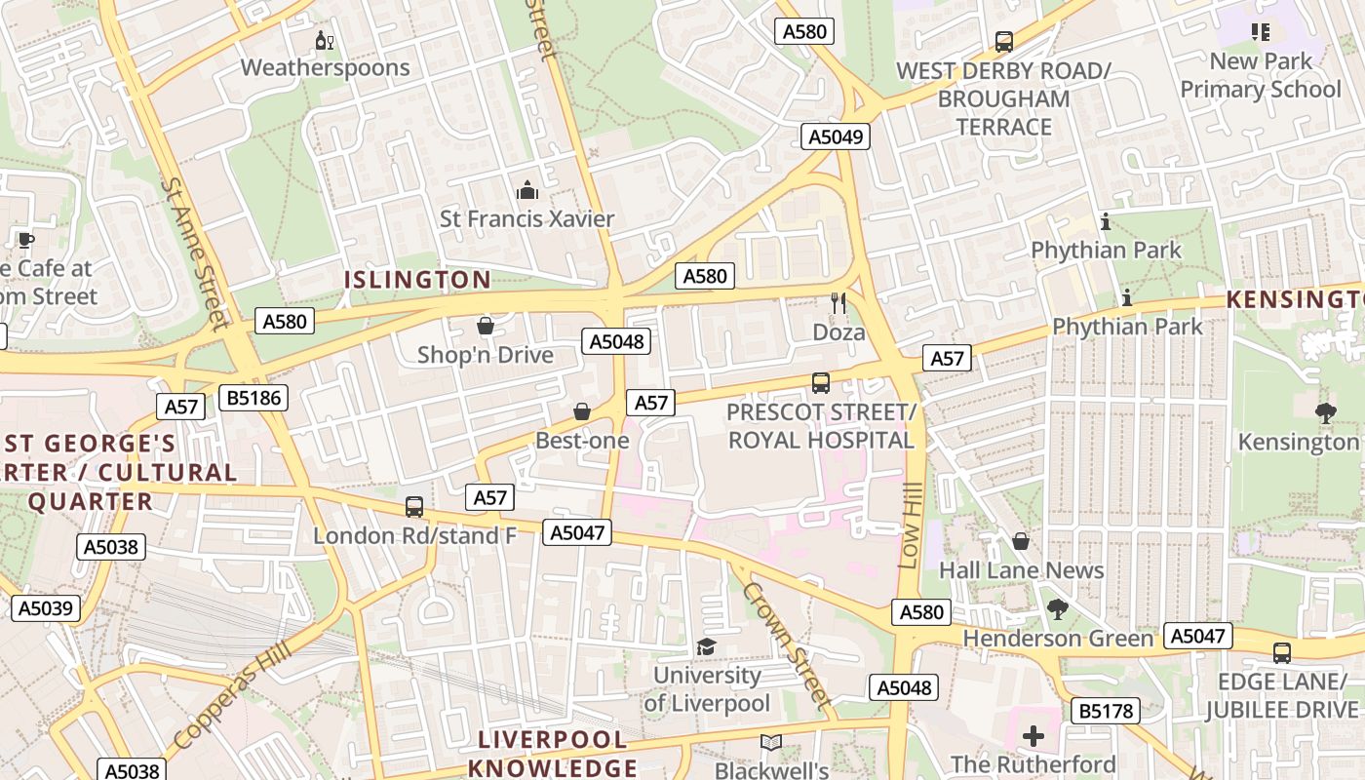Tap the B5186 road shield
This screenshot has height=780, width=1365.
253,397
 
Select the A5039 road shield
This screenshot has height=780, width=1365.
45,608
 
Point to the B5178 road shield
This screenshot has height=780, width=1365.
1106,711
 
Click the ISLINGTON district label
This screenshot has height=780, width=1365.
417,280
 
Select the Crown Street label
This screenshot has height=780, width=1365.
786,644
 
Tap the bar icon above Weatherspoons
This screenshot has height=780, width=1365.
325,41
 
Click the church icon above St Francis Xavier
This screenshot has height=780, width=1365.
527,190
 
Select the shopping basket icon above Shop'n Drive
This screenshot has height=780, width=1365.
485,326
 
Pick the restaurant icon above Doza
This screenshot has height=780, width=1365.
838,303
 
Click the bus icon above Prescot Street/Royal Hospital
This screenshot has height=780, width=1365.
821,383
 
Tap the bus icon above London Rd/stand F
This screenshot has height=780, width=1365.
414,507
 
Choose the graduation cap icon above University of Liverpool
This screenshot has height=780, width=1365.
706,646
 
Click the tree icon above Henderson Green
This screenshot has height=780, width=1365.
1057,610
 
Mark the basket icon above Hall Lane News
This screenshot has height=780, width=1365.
1021,540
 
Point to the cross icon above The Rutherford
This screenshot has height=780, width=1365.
1033,735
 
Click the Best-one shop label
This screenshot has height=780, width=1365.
582,441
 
